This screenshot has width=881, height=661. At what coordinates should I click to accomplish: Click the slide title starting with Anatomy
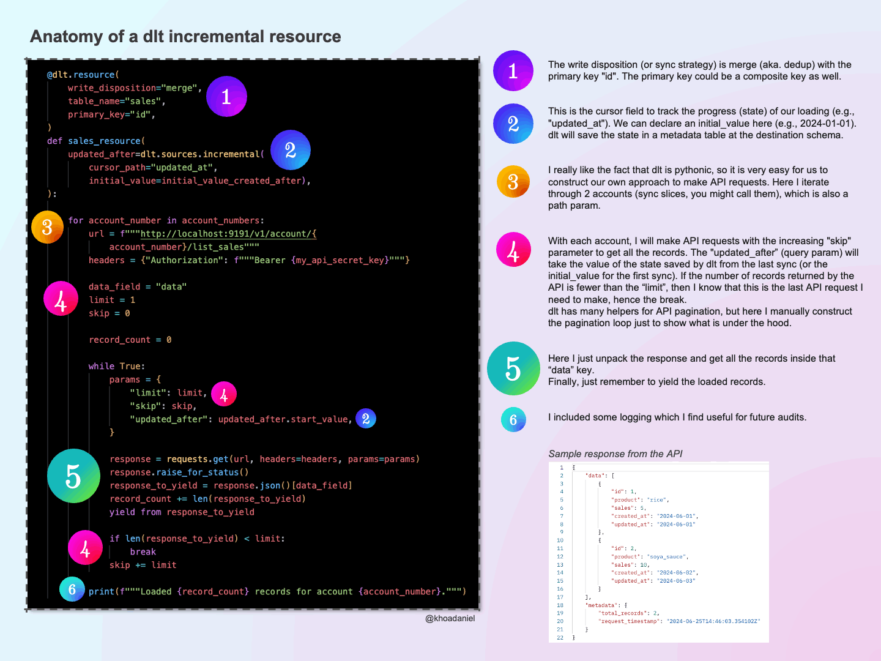(185, 37)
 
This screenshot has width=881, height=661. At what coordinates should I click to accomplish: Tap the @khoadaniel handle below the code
(450, 618)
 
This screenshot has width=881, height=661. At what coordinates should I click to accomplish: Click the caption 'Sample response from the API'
(615, 454)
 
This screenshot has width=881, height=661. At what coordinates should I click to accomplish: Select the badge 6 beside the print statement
(72, 589)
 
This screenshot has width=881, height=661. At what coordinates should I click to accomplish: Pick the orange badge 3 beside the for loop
(47, 227)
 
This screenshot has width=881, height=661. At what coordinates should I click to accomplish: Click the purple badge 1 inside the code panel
(226, 96)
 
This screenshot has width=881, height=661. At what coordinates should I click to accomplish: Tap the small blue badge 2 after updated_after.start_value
(366, 419)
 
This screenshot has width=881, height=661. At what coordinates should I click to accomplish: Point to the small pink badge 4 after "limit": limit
(224, 394)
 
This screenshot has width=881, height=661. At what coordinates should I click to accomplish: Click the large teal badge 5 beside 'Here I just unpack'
(513, 368)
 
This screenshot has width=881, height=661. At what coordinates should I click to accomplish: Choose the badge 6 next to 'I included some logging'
(513, 420)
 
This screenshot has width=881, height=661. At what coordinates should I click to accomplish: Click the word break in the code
(143, 552)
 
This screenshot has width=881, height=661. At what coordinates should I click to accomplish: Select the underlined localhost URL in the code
(228, 234)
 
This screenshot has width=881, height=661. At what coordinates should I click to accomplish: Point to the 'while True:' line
(116, 366)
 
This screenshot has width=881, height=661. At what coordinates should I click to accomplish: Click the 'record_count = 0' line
(130, 340)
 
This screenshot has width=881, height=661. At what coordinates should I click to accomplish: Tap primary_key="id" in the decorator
(111, 114)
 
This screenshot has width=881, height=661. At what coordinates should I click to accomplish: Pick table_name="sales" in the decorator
(116, 101)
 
